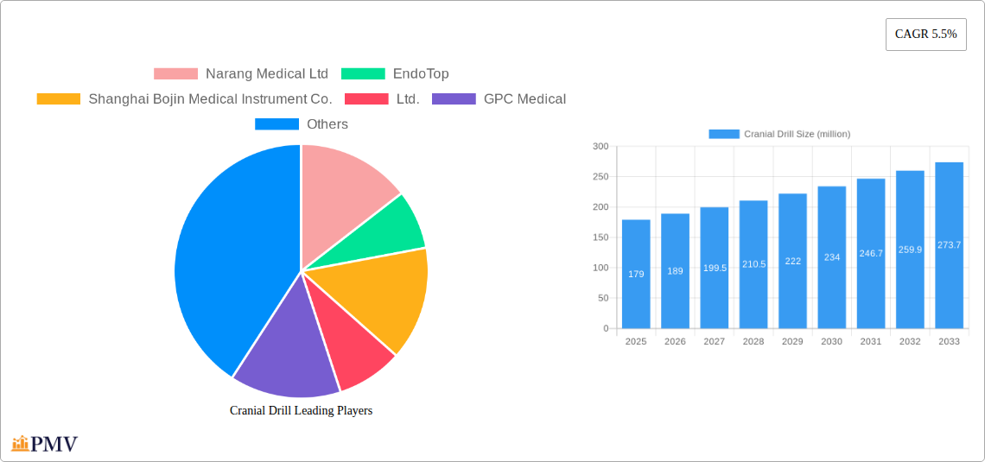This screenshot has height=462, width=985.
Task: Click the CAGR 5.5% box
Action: pos(925,35)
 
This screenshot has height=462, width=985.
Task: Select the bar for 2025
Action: pos(636,274)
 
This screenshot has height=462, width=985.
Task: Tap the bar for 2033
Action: pos(949,245)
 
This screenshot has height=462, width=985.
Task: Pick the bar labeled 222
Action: pos(792,261)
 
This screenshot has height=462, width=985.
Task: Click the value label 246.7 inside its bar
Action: pos(871,253)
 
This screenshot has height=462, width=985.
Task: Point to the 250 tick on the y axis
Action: pos(600,177)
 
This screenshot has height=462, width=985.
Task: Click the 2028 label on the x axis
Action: pos(753,342)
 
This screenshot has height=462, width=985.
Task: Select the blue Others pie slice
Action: pos(225,259)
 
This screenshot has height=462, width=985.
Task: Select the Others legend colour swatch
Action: pos(276,124)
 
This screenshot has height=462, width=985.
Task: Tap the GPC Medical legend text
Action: pos(524,99)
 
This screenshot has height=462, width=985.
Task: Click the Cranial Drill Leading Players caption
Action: pos(301,411)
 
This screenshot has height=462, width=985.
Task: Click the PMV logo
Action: pos(45,444)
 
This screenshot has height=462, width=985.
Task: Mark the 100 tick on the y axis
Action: pos(600,268)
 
